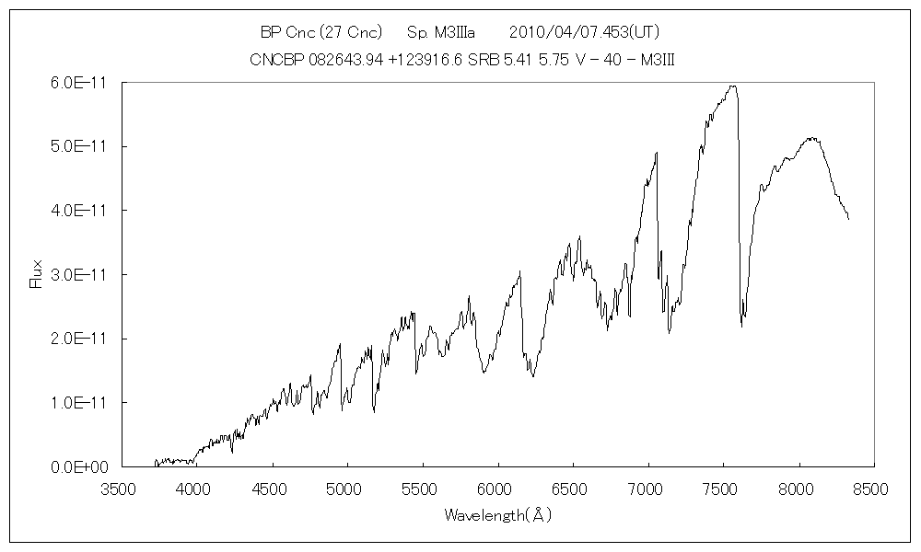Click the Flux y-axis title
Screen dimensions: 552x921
[x=37, y=275]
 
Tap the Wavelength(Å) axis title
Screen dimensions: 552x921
[x=497, y=515]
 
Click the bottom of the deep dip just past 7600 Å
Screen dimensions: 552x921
[x=741, y=327]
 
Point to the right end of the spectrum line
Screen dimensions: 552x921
[x=848, y=219]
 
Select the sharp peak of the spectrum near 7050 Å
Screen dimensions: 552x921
[x=657, y=153]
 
